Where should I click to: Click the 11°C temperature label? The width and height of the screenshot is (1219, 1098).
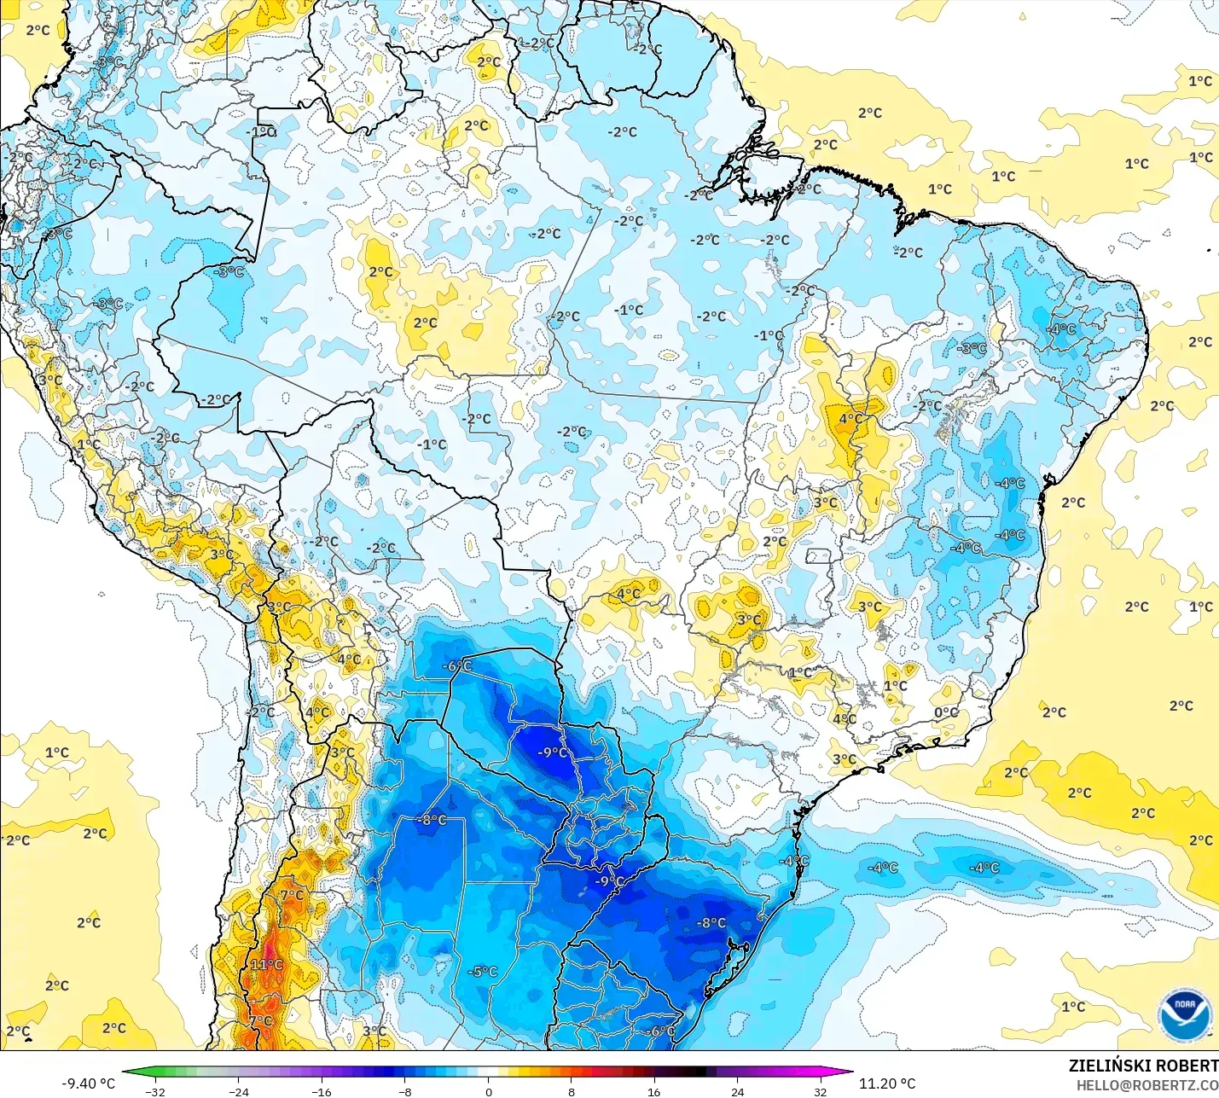click(266, 964)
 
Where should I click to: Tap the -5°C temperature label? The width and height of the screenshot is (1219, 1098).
click(483, 971)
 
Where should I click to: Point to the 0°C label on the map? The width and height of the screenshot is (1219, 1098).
click(946, 712)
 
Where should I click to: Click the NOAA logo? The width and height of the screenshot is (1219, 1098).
click(1185, 1015)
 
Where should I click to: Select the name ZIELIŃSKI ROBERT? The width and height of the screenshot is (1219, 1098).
click(1143, 1066)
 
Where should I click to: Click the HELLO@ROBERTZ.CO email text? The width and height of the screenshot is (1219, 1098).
click(1146, 1085)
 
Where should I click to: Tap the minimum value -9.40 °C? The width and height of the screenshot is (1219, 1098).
click(88, 1083)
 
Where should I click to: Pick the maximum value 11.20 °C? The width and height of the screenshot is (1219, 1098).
click(887, 1083)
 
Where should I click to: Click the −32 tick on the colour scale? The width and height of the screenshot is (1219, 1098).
click(154, 1092)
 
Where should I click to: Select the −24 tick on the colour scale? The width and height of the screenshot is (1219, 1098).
click(238, 1092)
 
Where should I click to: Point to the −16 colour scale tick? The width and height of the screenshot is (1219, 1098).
click(321, 1092)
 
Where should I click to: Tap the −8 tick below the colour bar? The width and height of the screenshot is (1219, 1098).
click(404, 1092)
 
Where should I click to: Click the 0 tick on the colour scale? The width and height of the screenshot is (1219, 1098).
click(488, 1092)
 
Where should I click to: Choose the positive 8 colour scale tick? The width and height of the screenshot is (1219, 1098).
click(571, 1092)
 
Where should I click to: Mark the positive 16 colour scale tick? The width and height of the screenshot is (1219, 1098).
click(653, 1092)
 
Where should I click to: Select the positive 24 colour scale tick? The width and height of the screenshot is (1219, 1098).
click(737, 1092)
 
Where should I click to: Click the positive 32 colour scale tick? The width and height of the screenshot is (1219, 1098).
click(820, 1092)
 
